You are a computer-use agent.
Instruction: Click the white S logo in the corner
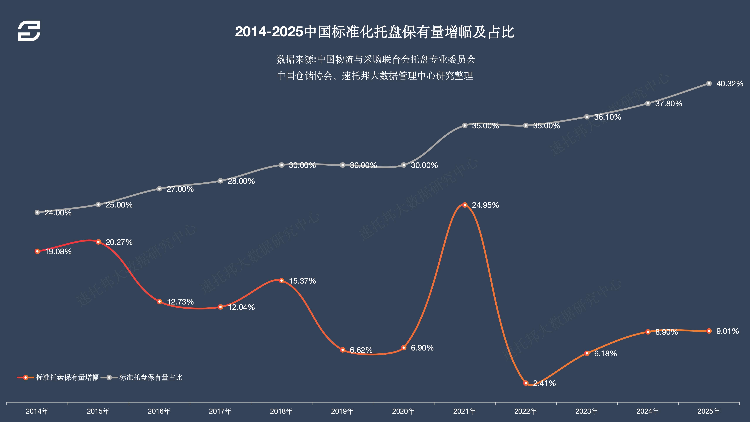(29, 31)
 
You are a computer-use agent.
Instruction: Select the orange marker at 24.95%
(465, 205)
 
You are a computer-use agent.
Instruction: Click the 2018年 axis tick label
(281, 411)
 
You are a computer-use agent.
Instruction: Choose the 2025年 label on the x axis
(709, 411)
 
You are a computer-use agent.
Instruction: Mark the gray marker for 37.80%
(648, 103)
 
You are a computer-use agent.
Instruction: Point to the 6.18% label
(605, 354)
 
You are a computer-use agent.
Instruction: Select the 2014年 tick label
(37, 411)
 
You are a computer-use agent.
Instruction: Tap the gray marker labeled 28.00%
(220, 181)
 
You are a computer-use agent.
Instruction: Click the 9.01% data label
(727, 331)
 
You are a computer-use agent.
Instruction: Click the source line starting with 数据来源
(376, 59)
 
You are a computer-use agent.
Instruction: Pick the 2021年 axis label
(464, 411)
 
